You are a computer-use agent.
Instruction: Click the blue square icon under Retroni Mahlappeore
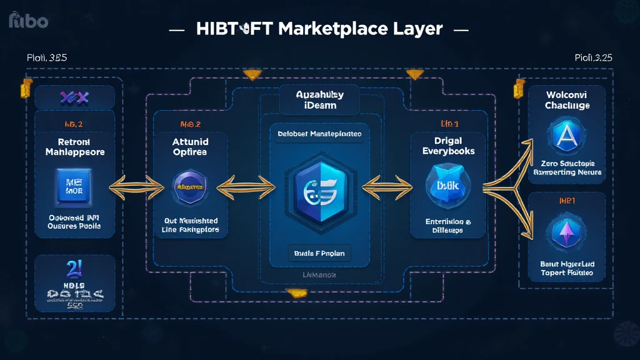(x=74, y=186)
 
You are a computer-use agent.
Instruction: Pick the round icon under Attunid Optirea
(x=189, y=186)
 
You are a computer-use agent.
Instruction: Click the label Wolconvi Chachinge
(x=567, y=99)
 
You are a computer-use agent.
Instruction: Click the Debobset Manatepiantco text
(x=319, y=134)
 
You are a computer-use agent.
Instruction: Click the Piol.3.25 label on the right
(x=592, y=57)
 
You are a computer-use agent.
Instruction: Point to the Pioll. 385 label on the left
(x=47, y=57)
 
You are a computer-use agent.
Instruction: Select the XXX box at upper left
(x=74, y=97)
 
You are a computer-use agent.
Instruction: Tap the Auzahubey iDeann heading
(x=319, y=99)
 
